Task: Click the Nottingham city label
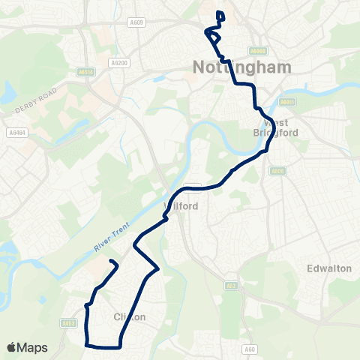tap(232, 67)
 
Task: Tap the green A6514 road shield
tap(87, 72)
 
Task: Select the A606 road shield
tap(277, 171)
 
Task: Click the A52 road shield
tap(232, 285)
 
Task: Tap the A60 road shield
tap(250, 349)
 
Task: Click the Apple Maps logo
tap(27, 347)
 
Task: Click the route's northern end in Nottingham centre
tap(218, 13)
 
